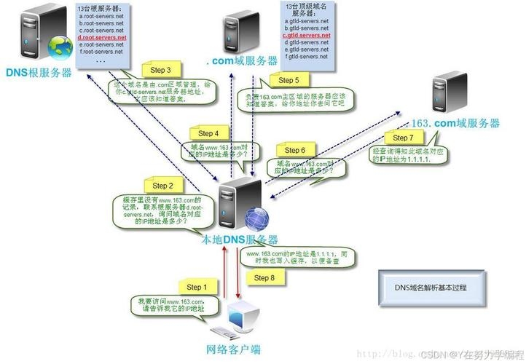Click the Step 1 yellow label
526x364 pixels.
(196, 287)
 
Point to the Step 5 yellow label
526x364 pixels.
(288, 80)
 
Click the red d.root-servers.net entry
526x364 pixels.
(101, 37)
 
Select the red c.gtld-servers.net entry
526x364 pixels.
(307, 35)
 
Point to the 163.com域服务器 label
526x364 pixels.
(457, 122)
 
